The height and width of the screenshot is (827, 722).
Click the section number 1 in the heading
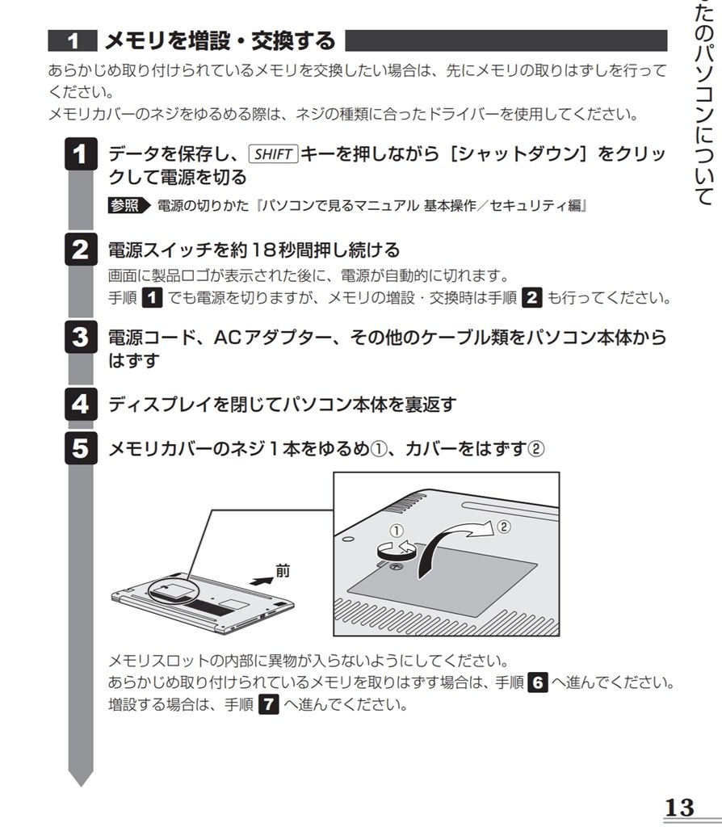point(73,40)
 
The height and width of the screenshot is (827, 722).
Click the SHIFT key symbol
point(273,154)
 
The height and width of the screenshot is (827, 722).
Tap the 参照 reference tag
point(127,206)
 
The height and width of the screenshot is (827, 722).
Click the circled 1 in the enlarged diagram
point(395,531)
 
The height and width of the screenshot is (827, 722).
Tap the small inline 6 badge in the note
point(537,682)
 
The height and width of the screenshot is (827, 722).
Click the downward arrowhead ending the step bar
point(80,777)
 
